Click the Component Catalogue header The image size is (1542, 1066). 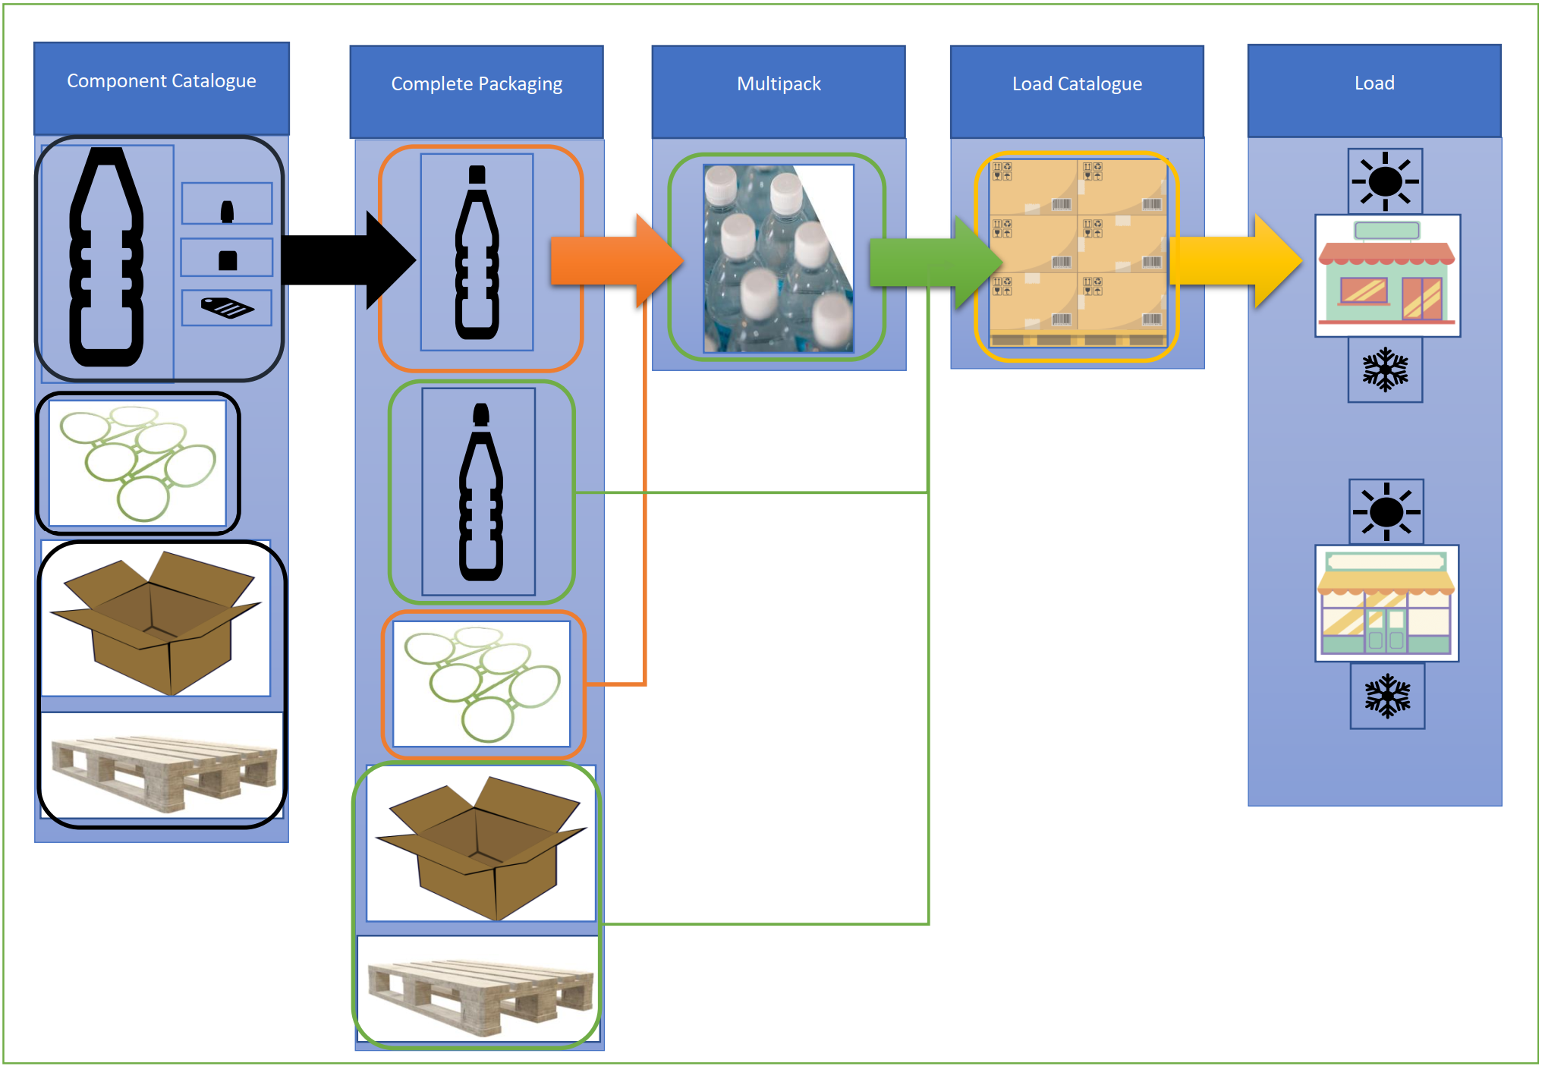161,82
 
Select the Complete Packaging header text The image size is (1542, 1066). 477,84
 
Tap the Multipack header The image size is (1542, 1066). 779,84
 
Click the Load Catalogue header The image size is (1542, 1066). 1077,84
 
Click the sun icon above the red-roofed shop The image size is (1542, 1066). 1385,181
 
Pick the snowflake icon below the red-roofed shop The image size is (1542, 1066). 1385,369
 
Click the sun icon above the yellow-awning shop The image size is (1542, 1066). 1386,511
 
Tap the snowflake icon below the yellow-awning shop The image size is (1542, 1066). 1387,696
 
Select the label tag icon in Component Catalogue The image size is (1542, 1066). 227,308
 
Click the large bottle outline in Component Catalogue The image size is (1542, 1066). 107,258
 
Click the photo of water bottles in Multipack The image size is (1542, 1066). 778,259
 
